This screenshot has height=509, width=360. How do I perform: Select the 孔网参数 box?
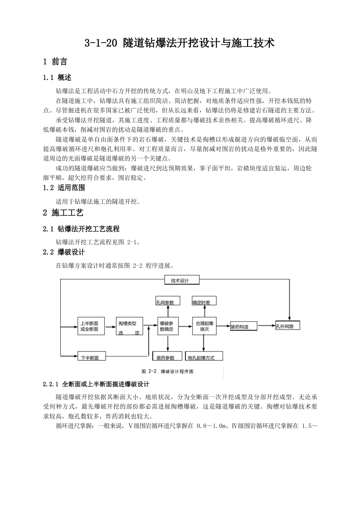[x=168, y=301]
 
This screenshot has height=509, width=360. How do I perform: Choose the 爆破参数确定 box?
[x=167, y=326]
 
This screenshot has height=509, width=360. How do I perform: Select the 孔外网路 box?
[x=288, y=325]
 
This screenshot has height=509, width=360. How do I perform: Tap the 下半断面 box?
[x=91, y=356]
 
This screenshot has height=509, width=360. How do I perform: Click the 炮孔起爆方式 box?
[x=205, y=356]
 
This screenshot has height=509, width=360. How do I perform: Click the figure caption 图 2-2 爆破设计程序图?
[x=167, y=372]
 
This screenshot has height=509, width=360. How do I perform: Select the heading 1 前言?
[x=55, y=62]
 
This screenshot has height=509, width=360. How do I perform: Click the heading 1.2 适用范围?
[x=64, y=187]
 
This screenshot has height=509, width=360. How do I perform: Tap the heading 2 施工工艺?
[x=63, y=213]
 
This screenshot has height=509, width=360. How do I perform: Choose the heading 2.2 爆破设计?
[x=64, y=252]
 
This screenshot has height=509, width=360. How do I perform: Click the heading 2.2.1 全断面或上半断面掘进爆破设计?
[x=96, y=384]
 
